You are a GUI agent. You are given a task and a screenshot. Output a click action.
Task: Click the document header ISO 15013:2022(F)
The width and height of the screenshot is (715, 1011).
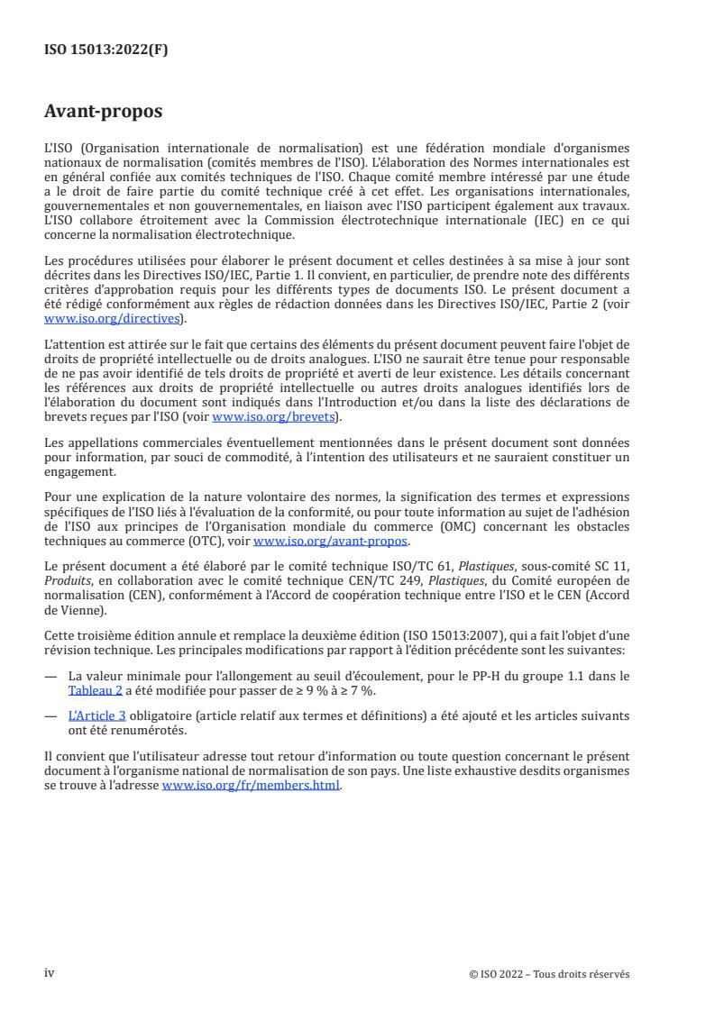pos(106,50)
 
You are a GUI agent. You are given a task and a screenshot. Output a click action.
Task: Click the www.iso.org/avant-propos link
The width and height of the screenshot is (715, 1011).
pos(331,542)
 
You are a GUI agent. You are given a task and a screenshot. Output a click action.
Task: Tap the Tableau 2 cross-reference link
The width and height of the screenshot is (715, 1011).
pos(92,691)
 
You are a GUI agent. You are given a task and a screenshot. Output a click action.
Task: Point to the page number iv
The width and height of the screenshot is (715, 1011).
pos(50,972)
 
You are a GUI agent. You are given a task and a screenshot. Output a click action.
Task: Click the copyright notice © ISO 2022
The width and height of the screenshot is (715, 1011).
pos(549,974)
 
